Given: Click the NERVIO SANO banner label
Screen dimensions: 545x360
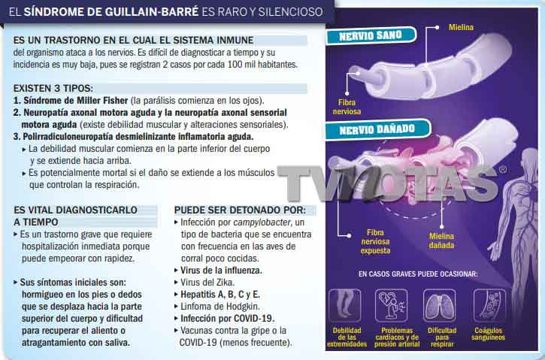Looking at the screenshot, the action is pyautogui.click(x=371, y=36).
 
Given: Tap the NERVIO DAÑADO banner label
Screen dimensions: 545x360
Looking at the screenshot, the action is pyautogui.click(x=377, y=129).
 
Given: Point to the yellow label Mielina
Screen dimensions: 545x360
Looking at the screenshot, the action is pyautogui.click(x=461, y=27).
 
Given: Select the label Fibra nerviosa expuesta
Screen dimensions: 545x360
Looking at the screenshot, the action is pyautogui.click(x=375, y=241).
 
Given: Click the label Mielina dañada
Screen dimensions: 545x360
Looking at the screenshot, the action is pyautogui.click(x=441, y=241).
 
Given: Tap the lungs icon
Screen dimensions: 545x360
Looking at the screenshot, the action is pyautogui.click(x=439, y=306).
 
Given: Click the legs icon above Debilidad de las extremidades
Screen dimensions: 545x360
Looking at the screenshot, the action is pyautogui.click(x=345, y=305).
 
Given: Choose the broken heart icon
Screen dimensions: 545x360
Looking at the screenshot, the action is pyautogui.click(x=392, y=306).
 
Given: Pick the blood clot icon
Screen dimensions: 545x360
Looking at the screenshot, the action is pyautogui.click(x=489, y=306).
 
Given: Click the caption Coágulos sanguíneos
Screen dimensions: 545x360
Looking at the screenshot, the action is pyautogui.click(x=488, y=334).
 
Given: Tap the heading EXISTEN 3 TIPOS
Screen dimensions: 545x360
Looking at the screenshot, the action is pyautogui.click(x=53, y=88).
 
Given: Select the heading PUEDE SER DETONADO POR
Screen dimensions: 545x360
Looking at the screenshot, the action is pyautogui.click(x=240, y=210).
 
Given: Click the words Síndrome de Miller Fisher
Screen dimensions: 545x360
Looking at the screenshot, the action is pyautogui.click(x=76, y=101).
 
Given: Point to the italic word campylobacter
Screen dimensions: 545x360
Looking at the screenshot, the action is pyautogui.click(x=262, y=222).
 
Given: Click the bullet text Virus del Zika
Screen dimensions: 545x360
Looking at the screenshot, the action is pyautogui.click(x=207, y=283).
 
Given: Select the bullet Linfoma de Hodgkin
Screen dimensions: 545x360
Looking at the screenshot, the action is pyautogui.click(x=220, y=307).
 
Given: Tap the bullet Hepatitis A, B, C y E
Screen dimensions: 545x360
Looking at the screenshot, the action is pyautogui.click(x=220, y=295).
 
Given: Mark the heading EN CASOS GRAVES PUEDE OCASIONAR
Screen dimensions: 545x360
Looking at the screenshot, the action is pyautogui.click(x=418, y=274).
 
